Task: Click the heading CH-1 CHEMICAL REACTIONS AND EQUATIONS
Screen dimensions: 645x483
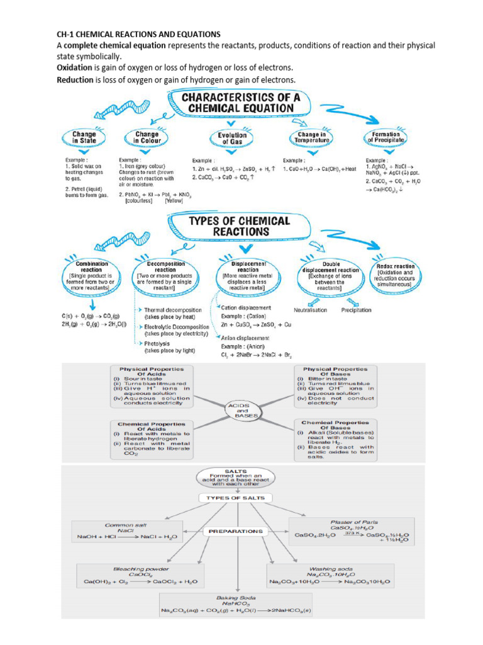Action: point(138,33)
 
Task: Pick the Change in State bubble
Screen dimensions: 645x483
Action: point(84,138)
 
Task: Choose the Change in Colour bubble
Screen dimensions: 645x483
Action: point(147,138)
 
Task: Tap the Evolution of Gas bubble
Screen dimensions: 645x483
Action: point(232,139)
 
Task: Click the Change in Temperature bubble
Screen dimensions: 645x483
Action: point(312,138)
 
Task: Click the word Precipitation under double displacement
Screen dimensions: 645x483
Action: point(356,310)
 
